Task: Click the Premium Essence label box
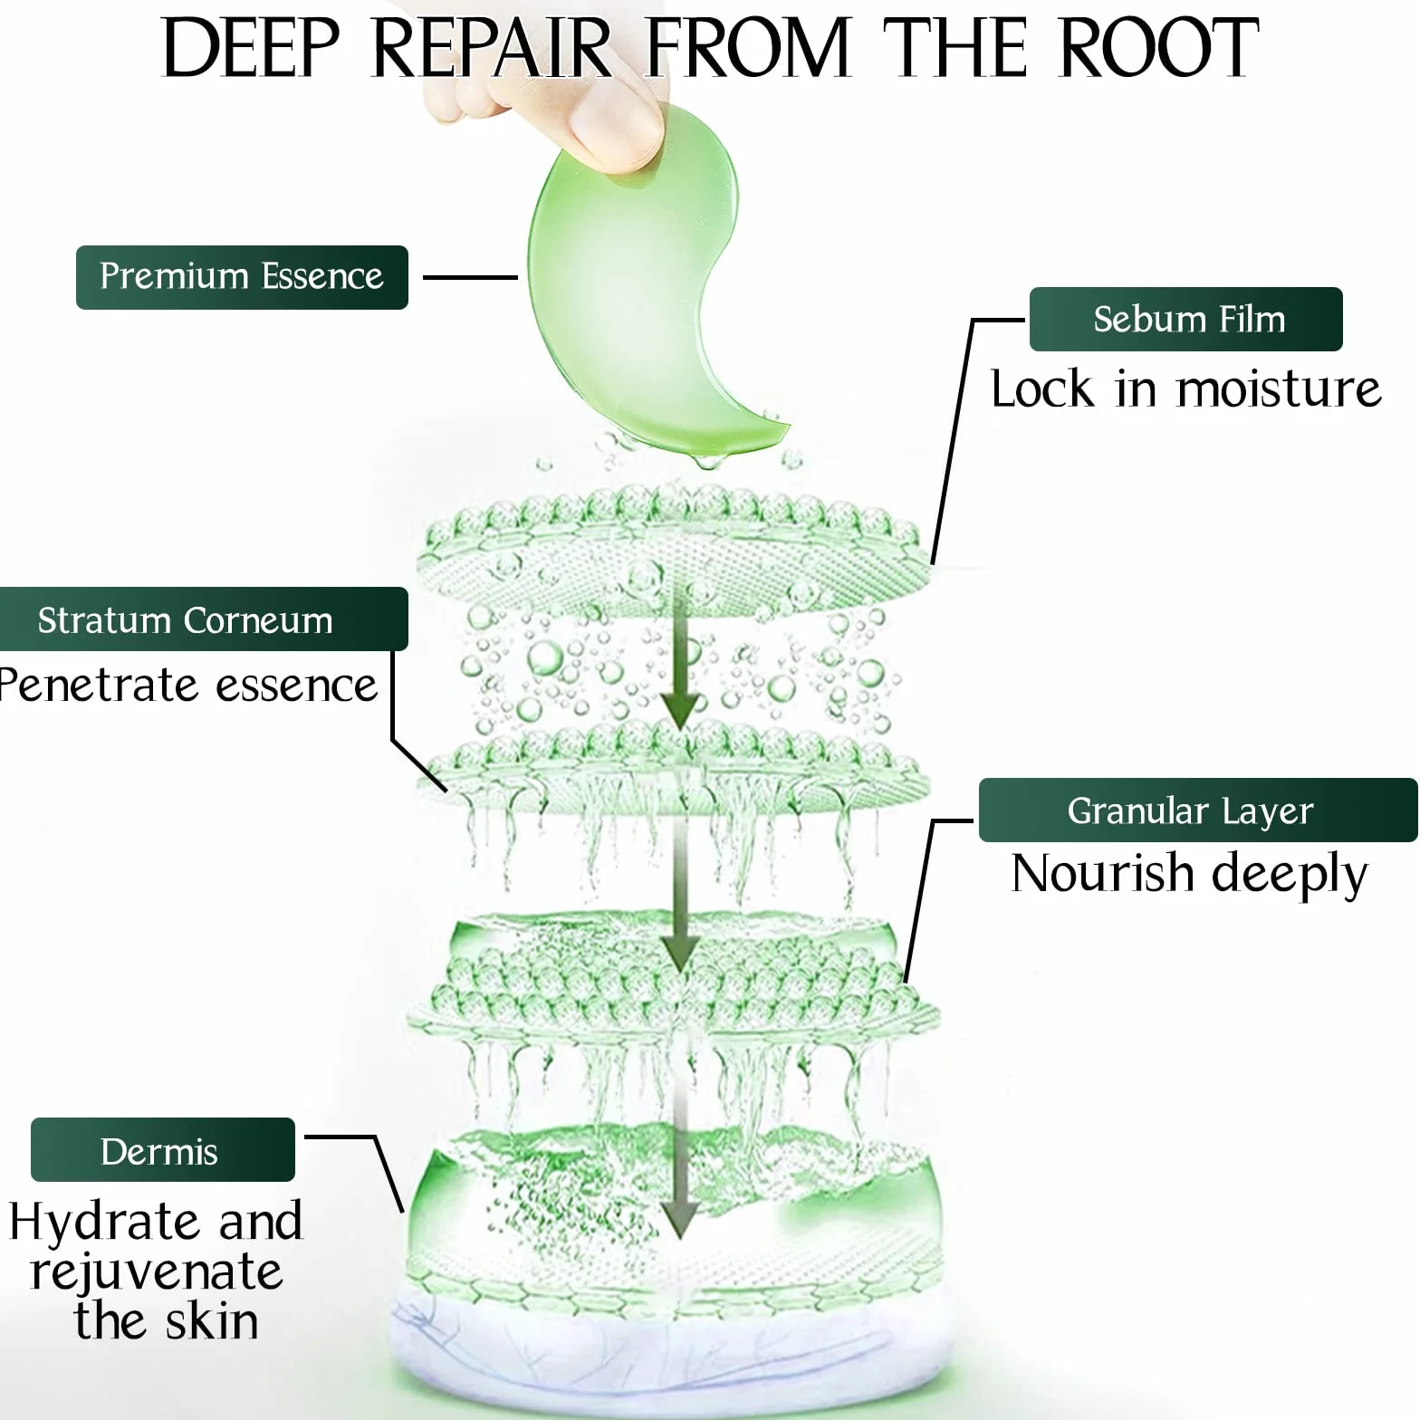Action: tap(242, 277)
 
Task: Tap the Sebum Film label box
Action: tap(1186, 319)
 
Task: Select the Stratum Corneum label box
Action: tap(204, 619)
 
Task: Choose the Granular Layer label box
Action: tap(1198, 810)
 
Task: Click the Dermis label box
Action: tap(163, 1149)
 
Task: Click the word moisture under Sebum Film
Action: tap(1279, 389)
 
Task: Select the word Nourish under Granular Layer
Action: tap(1102, 873)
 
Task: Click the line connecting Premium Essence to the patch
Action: tap(470, 277)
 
